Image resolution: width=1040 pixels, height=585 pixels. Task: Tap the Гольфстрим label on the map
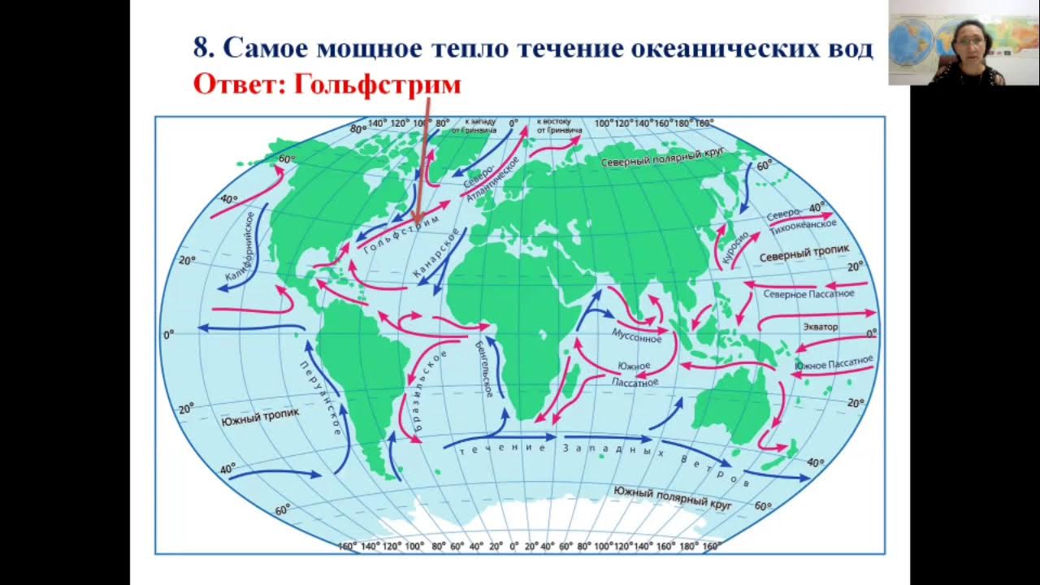(401, 235)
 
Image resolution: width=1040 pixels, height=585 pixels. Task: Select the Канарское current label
(436, 254)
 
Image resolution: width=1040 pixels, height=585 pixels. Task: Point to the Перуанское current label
(322, 397)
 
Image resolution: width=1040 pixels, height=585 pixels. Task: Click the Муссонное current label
(635, 335)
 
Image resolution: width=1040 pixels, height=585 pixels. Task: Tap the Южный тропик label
(260, 416)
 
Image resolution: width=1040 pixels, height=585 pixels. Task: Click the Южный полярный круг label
(673, 497)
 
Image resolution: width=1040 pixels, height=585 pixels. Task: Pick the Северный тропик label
(804, 255)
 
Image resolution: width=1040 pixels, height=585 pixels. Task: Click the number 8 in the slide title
(201, 48)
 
